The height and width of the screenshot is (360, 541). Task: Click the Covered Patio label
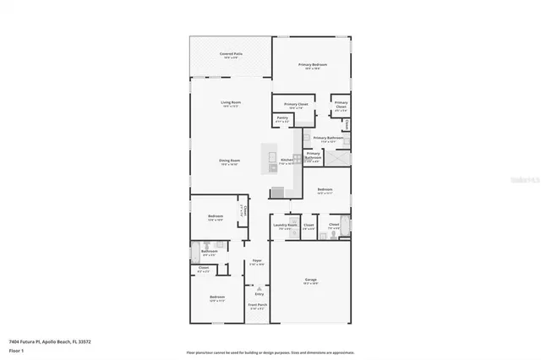(227, 54)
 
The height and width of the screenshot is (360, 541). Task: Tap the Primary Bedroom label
(311, 65)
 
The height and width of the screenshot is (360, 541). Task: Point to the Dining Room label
(230, 161)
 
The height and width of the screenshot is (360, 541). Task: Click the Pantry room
(282, 119)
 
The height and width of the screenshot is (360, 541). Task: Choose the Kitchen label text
(287, 160)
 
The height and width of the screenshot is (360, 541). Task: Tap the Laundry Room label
(285, 226)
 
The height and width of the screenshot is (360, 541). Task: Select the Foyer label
(256, 262)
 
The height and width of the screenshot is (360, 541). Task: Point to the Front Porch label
(257, 306)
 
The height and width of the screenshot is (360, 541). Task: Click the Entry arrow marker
(259, 287)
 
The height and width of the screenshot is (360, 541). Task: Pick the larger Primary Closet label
(296, 105)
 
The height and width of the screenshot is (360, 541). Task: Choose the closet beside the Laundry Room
(309, 226)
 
